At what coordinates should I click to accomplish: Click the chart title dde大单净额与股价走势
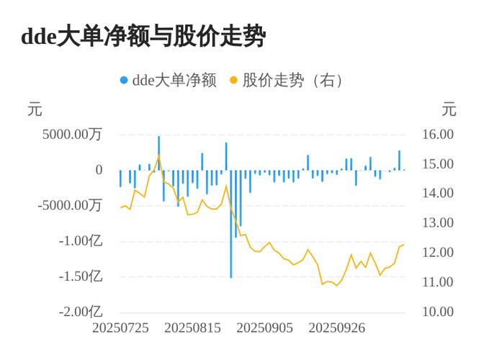point(143,36)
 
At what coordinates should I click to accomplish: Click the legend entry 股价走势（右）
point(292,80)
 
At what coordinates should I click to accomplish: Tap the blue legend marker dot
point(124,80)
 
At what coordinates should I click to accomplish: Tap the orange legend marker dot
point(233,80)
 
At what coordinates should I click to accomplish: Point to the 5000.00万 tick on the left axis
point(72,134)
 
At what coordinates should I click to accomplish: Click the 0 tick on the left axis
point(99,170)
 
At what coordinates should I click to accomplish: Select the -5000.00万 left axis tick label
point(69,205)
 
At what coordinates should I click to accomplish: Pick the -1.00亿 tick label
point(81,240)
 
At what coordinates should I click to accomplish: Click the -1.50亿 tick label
point(81,276)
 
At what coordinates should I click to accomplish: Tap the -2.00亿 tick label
point(81,312)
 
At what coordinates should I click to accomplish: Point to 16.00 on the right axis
point(437,134)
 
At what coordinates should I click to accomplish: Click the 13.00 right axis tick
point(437,223)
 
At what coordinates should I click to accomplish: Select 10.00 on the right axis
point(437,312)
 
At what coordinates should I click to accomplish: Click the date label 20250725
point(121,328)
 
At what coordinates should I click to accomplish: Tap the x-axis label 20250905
point(265,328)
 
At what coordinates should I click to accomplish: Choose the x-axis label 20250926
point(337,328)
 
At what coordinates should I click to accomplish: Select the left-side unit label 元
point(35,110)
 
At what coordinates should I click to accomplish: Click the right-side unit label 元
point(449,110)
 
